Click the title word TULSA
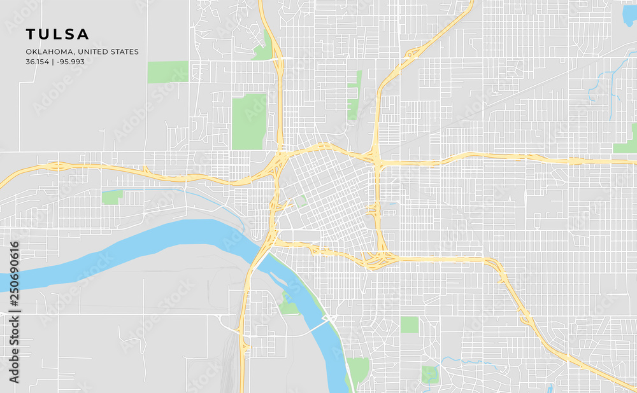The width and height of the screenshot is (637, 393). [x=57, y=34]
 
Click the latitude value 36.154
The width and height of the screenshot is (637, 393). [x=37, y=62]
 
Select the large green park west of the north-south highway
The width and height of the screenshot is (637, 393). [x=248, y=121]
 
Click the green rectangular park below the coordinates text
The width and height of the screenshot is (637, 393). [x=168, y=72]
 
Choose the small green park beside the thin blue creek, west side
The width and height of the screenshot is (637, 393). [x=112, y=197]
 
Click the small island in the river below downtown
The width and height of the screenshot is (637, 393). [x=278, y=278]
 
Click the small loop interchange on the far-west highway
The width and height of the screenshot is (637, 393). [x=57, y=167]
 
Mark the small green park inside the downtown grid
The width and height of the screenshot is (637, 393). [x=299, y=202]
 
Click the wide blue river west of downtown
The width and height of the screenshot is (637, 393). [x=159, y=242]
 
